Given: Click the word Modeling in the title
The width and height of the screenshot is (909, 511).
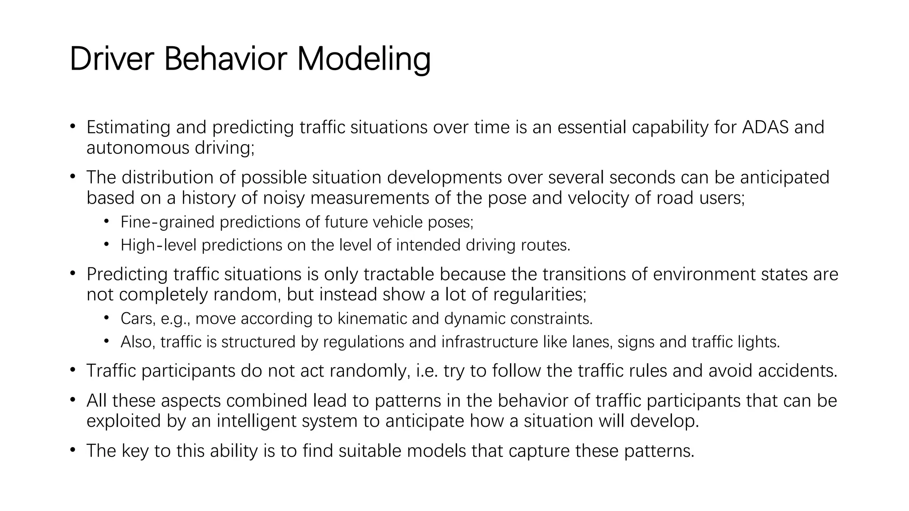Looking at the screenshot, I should pyautogui.click(x=364, y=60).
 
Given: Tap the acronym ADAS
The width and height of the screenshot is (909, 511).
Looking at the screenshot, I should pyautogui.click(x=765, y=127).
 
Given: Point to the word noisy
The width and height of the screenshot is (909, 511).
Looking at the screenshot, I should pyautogui.click(x=284, y=198).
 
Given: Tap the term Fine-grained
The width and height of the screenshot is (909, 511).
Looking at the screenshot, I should pyautogui.click(x=167, y=222).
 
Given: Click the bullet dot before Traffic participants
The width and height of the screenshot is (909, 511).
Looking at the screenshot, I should pyautogui.click(x=73, y=369).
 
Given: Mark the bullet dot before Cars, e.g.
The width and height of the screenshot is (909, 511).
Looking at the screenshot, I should pyautogui.click(x=107, y=318).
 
